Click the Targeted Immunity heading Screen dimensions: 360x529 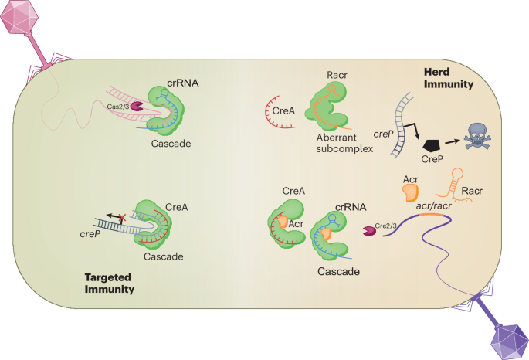[x=109, y=284]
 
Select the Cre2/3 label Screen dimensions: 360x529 [x=386, y=226]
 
